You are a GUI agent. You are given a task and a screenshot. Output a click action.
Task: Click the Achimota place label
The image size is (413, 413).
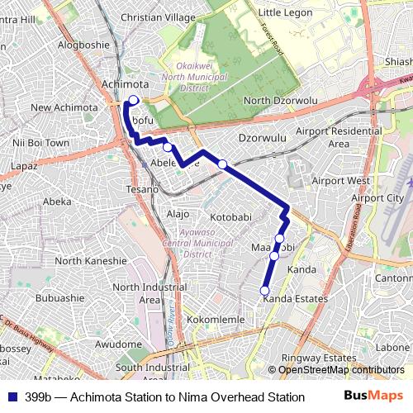(125, 84)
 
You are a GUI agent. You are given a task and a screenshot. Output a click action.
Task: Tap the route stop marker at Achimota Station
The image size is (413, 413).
(133, 99)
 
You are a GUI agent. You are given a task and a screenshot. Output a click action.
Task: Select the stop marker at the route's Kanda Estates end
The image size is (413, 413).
(265, 290)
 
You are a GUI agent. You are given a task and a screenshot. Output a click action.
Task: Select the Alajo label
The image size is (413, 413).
(178, 213)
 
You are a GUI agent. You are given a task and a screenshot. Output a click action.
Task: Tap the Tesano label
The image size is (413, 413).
(143, 190)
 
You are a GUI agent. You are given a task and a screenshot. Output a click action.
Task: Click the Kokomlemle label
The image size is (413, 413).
(216, 319)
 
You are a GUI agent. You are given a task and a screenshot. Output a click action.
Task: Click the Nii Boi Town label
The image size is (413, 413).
(41, 143)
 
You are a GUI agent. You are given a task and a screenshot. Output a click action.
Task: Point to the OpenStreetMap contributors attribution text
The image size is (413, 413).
(340, 370)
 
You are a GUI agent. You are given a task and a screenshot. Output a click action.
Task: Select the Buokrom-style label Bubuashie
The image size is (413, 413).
(60, 298)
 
